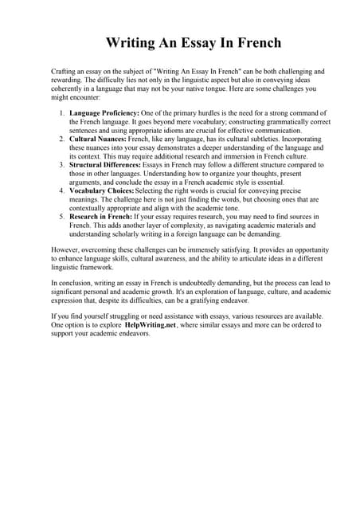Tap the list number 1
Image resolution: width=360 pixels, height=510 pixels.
tap(62, 113)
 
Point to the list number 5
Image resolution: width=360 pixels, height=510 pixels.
tap(62, 215)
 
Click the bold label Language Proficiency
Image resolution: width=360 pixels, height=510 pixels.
tap(104, 113)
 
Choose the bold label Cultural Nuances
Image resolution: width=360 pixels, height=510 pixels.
tap(98, 139)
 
